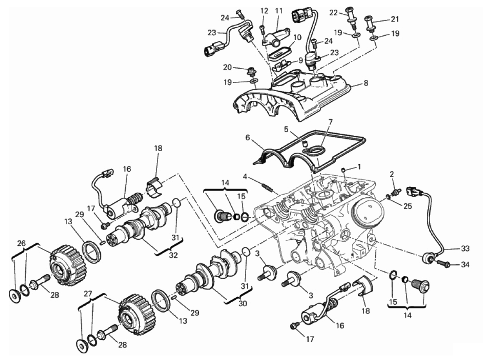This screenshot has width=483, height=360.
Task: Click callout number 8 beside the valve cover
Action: pyautogui.click(x=366, y=83)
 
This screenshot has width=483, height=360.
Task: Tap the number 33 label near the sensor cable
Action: pyautogui.click(x=465, y=248)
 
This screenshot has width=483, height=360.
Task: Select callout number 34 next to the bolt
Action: pyautogui.click(x=465, y=264)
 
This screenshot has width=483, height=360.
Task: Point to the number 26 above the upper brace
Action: pyautogui.click(x=21, y=243)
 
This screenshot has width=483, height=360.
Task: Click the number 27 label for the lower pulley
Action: pyautogui.click(x=88, y=293)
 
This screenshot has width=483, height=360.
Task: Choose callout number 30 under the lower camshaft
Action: pyautogui.click(x=243, y=303)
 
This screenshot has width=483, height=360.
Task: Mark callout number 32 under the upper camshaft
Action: pyautogui.click(x=173, y=255)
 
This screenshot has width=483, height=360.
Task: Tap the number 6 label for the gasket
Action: pyautogui.click(x=248, y=137)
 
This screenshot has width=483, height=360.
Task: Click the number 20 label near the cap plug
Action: pyautogui.click(x=227, y=67)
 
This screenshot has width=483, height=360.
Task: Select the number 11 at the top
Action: pyautogui.click(x=279, y=11)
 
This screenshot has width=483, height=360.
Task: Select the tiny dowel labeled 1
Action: pyautogui.click(x=343, y=170)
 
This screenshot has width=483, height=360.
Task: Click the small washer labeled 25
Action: pyautogui.click(x=389, y=196)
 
